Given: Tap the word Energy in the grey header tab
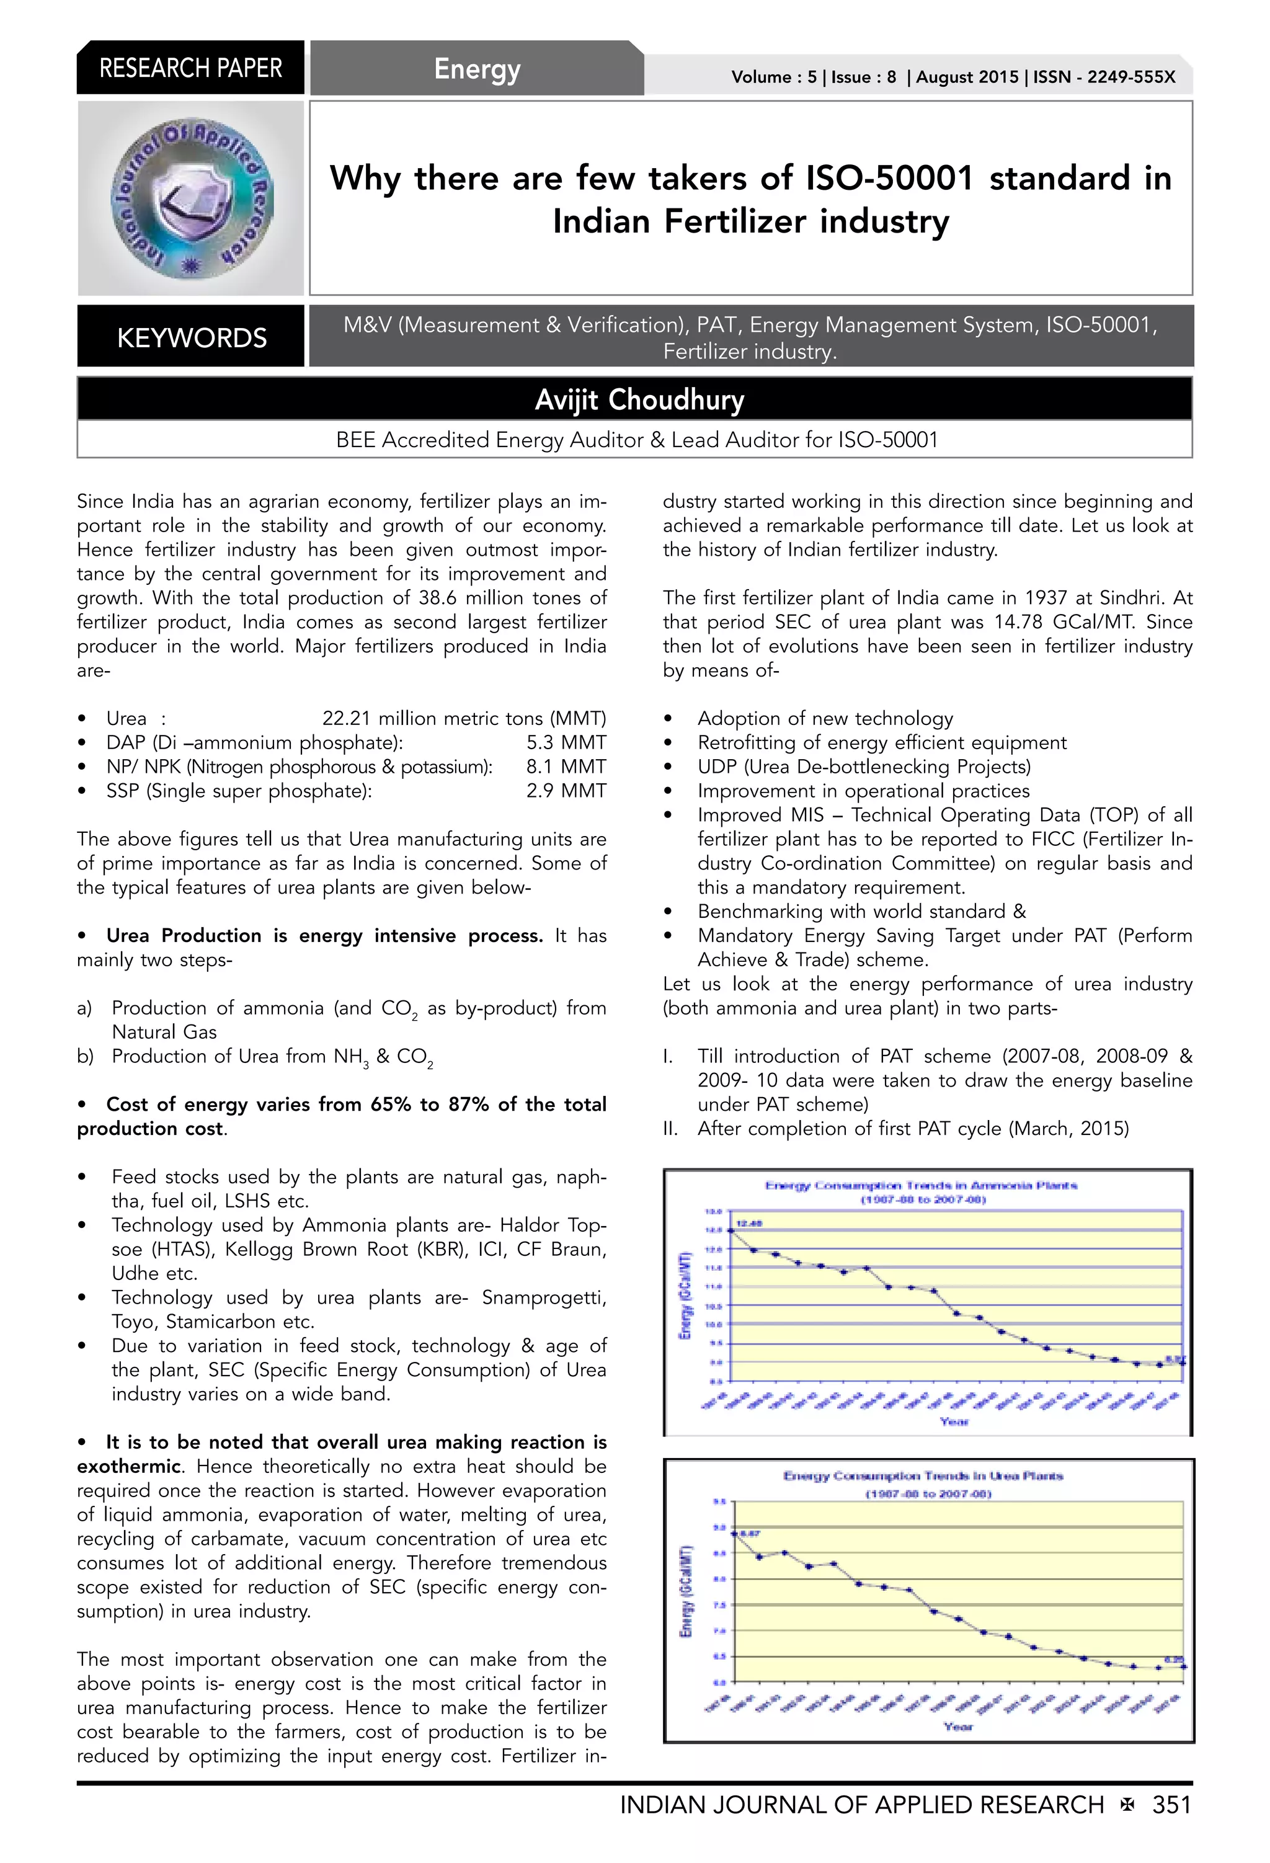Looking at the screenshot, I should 477,69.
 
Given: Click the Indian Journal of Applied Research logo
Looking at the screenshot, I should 191,199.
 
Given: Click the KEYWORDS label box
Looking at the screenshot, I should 191,337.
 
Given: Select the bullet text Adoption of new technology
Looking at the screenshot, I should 825,718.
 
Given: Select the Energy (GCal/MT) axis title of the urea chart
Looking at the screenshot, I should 685,1591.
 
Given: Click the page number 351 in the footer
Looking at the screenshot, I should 1171,1805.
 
